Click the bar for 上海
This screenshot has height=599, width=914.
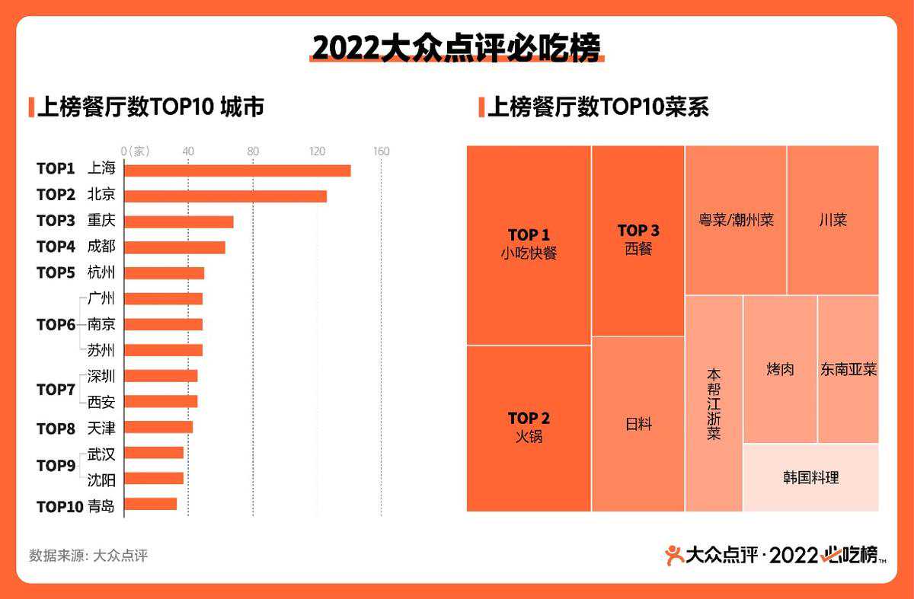[237, 170]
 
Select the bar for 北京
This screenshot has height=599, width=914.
[225, 196]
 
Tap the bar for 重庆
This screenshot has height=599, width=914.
[179, 221]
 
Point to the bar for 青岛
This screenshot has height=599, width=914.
[150, 504]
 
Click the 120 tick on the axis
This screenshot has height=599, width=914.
[318, 151]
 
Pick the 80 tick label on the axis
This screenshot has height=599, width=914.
[253, 151]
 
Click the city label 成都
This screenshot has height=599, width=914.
[101, 247]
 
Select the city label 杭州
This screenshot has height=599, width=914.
[101, 272]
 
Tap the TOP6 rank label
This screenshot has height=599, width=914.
[56, 325]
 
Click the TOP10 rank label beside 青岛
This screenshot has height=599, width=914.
[59, 506]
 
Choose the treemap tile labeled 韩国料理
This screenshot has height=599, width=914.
[810, 478]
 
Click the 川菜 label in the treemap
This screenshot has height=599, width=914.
[833, 220]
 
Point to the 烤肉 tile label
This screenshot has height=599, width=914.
[780, 369]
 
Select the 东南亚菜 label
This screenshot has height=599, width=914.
[848, 369]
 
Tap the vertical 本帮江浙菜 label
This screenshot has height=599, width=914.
[714, 404]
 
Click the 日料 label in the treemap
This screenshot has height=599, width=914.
[638, 424]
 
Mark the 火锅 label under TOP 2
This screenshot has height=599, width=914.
[529, 437]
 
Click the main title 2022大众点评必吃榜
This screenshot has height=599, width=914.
[456, 48]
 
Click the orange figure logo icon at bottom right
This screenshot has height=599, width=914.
[674, 556]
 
